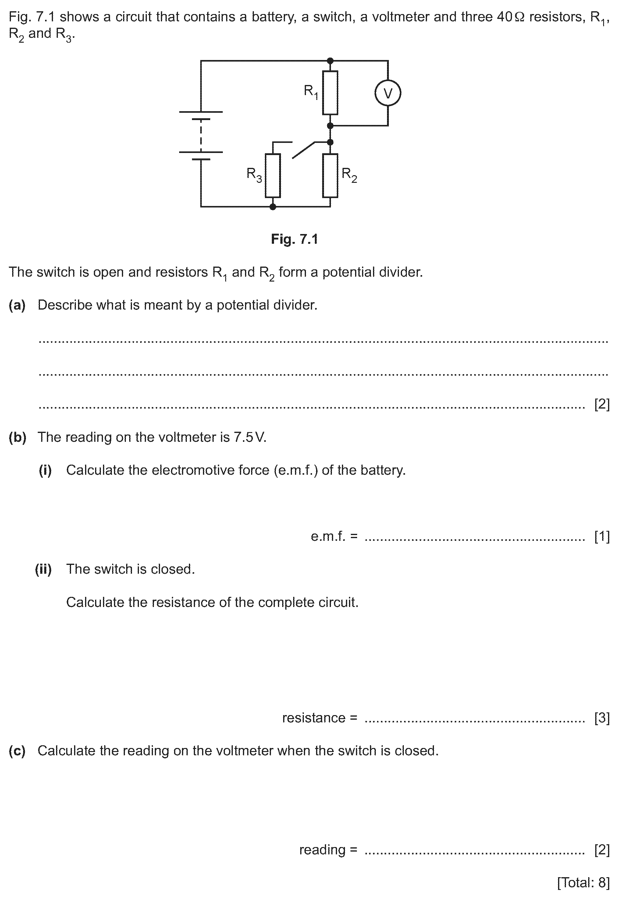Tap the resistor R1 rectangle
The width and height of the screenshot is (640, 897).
pyautogui.click(x=330, y=93)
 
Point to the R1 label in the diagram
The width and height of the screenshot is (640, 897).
pyautogui.click(x=311, y=92)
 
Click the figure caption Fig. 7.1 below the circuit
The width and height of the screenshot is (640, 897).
pyautogui.click(x=294, y=239)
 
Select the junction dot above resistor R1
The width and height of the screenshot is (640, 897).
pyautogui.click(x=330, y=61)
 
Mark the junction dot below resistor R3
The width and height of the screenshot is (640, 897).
pyautogui.click(x=273, y=206)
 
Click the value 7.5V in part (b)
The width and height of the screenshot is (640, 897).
pyautogui.click(x=250, y=437)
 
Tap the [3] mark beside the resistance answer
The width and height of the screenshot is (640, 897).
pyautogui.click(x=602, y=718)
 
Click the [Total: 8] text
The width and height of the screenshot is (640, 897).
pyautogui.click(x=583, y=882)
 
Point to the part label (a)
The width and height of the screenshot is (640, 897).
pyautogui.click(x=17, y=305)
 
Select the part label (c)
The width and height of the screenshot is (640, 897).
pyautogui.click(x=17, y=751)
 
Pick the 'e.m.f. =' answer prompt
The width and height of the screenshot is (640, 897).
pyautogui.click(x=334, y=536)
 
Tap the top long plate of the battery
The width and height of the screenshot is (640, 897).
pyautogui.click(x=201, y=112)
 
